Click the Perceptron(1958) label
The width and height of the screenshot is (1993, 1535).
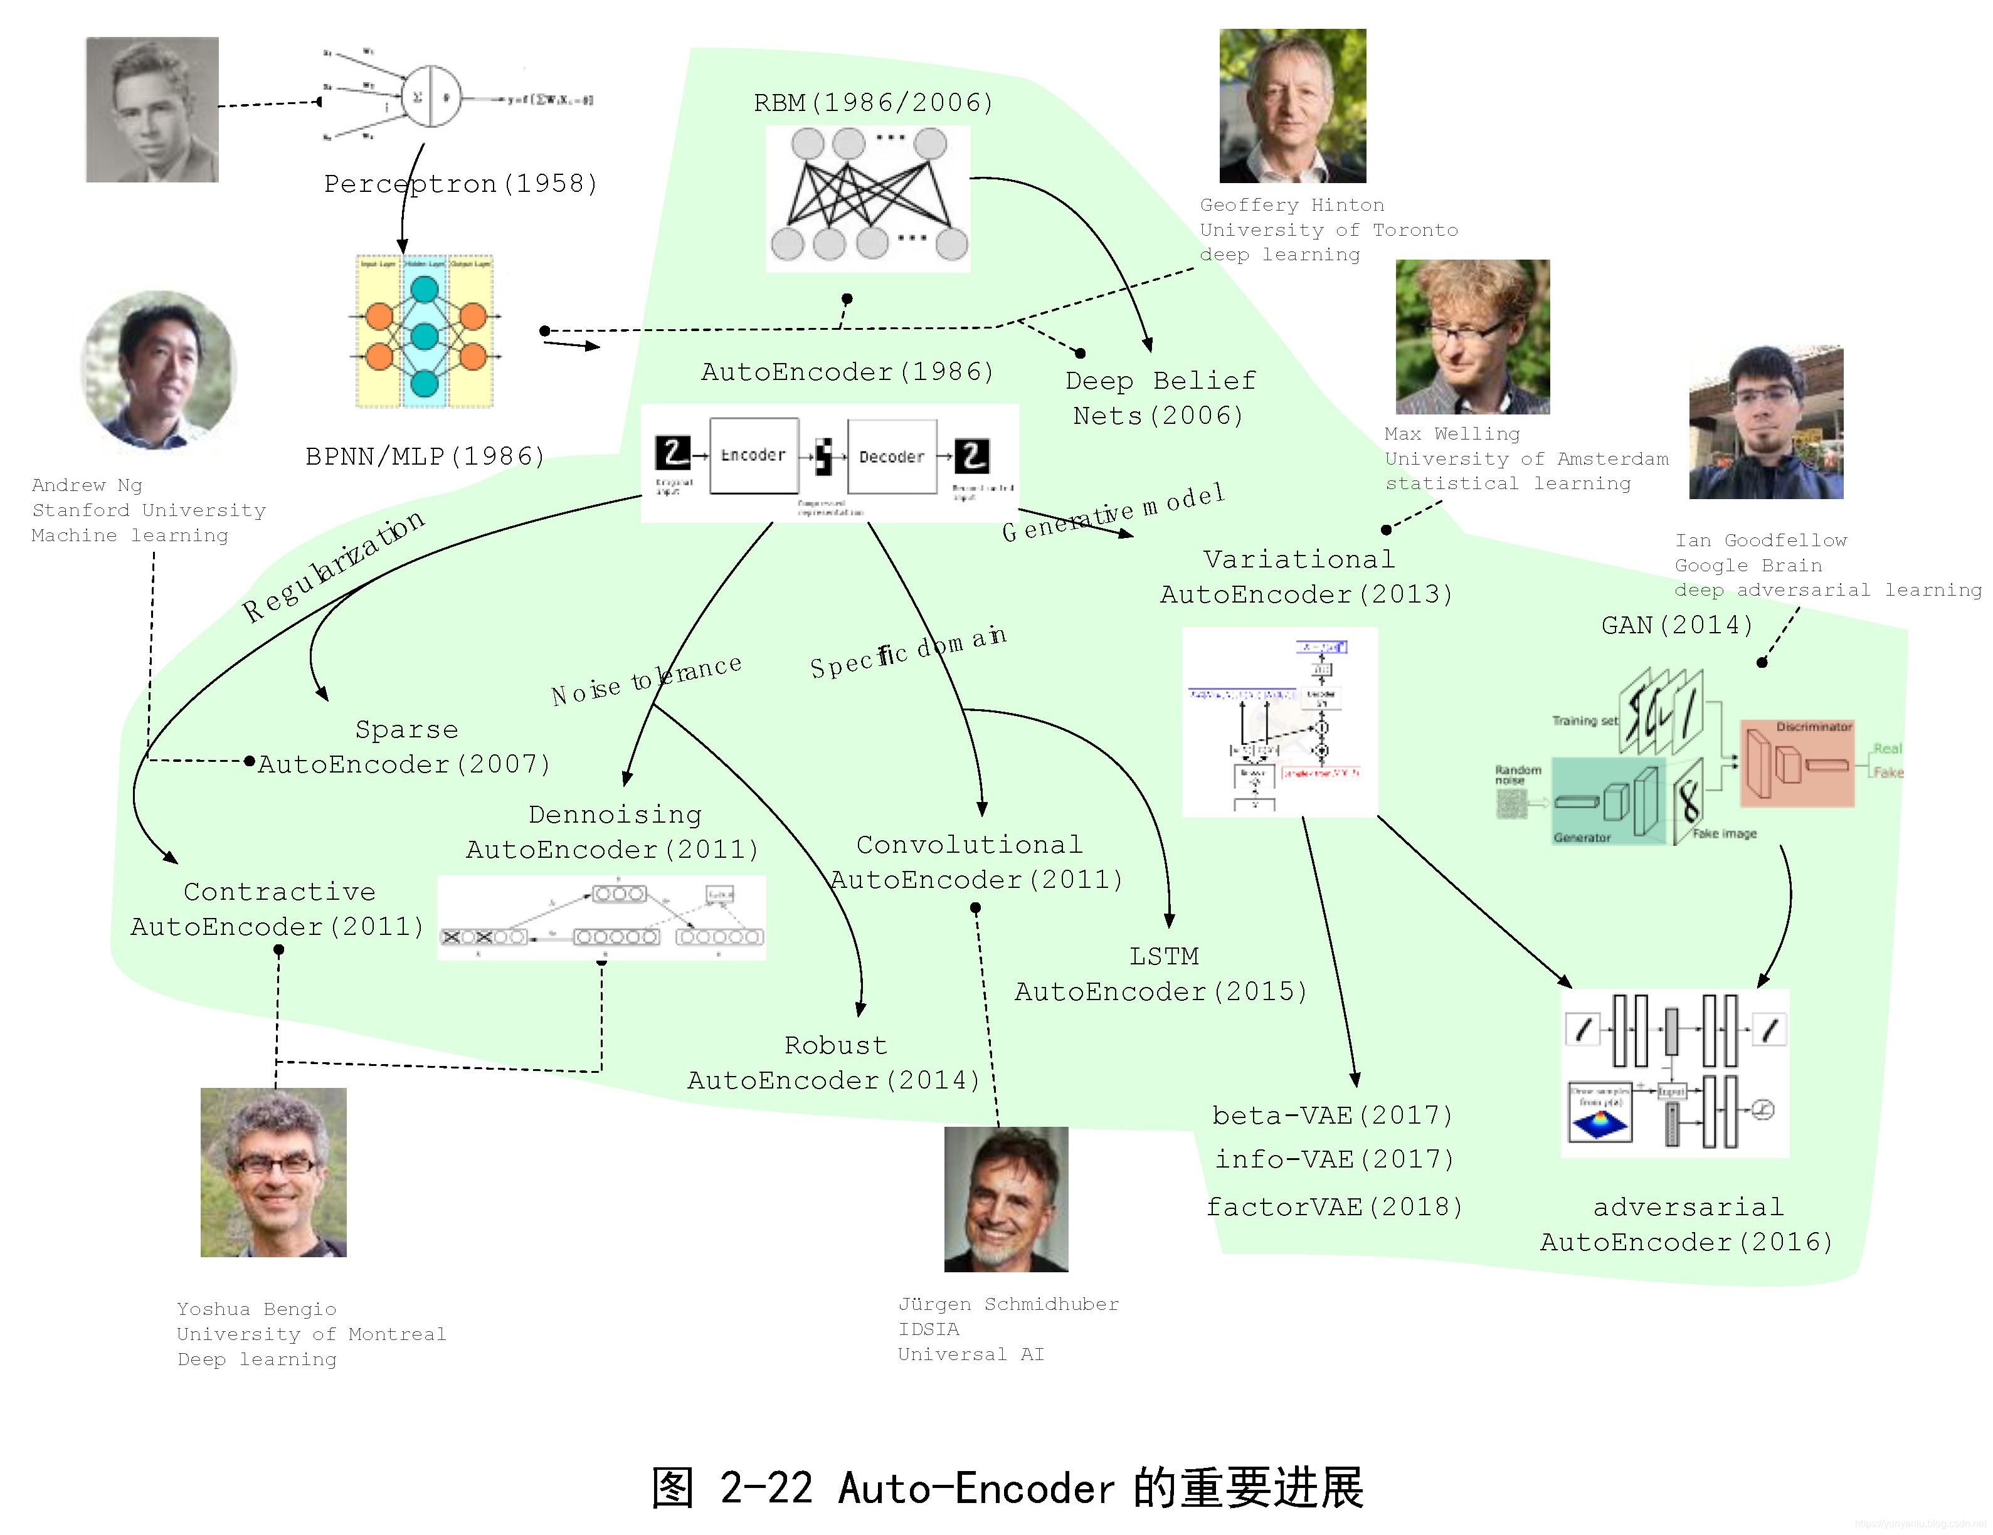tap(461, 184)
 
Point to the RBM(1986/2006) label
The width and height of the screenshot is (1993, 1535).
tap(872, 102)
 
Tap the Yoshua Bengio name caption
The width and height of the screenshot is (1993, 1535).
tap(256, 1309)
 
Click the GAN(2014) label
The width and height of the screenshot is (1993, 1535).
tap(1676, 625)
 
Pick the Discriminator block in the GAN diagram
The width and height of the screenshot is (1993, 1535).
tap(1796, 764)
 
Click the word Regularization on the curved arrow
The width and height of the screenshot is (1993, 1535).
tap(333, 566)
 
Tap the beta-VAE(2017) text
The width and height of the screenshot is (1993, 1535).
tap(1331, 1116)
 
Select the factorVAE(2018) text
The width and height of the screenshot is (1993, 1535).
tap(1334, 1206)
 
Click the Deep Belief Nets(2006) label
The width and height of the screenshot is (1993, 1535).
tap(1160, 398)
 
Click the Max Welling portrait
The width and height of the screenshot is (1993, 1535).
tap(1471, 336)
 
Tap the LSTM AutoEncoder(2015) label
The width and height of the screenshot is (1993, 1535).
tap(1161, 974)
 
